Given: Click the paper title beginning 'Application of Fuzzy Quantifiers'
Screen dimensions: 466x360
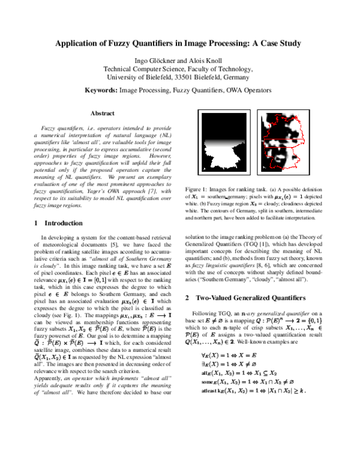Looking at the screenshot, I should [178, 44].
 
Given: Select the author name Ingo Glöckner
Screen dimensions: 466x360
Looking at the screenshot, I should [154, 60].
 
